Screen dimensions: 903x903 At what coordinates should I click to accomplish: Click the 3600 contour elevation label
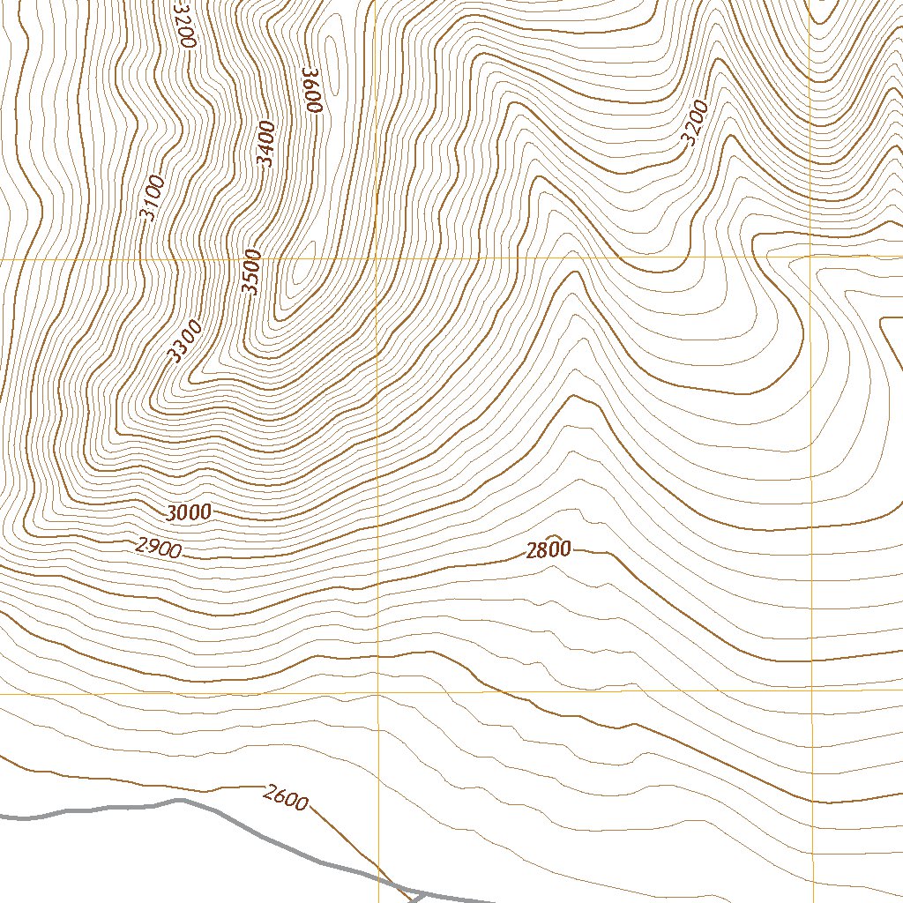click(x=311, y=89)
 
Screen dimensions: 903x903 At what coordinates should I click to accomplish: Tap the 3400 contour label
click(x=265, y=144)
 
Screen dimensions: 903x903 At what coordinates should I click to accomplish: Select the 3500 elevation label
click(x=252, y=272)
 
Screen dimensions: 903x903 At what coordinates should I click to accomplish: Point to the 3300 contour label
click(x=185, y=341)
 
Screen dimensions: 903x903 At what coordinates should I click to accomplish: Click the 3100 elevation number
click(x=152, y=198)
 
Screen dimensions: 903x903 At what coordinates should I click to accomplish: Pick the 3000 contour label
click(x=189, y=512)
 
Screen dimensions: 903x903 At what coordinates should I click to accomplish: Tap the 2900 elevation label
click(x=159, y=548)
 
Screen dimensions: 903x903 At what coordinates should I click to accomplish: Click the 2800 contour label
click(x=549, y=551)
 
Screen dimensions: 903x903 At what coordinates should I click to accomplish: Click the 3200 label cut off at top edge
click(x=184, y=21)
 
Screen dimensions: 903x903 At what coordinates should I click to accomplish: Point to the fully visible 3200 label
click(x=694, y=123)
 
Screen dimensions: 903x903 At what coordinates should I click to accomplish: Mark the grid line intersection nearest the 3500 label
click(x=377, y=258)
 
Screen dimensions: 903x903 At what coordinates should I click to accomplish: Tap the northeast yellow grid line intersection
click(x=812, y=257)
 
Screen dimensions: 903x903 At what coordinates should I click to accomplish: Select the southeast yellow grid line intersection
click(x=812, y=690)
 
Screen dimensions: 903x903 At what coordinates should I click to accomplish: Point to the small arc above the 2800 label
click(x=554, y=536)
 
